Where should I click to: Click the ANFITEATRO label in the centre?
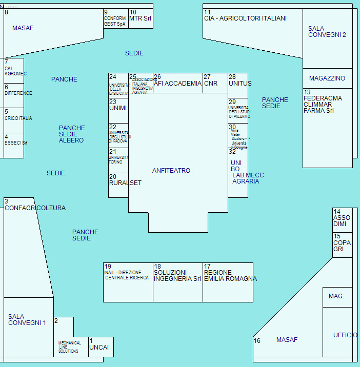coord(171,171)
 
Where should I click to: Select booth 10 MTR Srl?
coord(141,18)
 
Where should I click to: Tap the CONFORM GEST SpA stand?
coord(115,19)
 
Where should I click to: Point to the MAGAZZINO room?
coord(327,78)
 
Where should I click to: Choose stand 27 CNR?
coord(215,83)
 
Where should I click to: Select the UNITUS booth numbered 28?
coord(238,83)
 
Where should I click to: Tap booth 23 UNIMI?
coord(118,109)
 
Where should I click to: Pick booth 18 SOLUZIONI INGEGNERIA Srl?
coord(178,282)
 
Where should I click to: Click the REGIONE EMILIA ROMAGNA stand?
coord(228,282)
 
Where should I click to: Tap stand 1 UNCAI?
coord(101,347)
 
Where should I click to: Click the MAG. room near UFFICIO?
coord(337,297)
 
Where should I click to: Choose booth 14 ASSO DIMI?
coord(342,220)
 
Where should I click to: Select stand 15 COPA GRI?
coord(342,244)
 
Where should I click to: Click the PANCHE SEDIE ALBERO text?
coord(72,134)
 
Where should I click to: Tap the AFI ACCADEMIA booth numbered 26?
coord(177,83)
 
